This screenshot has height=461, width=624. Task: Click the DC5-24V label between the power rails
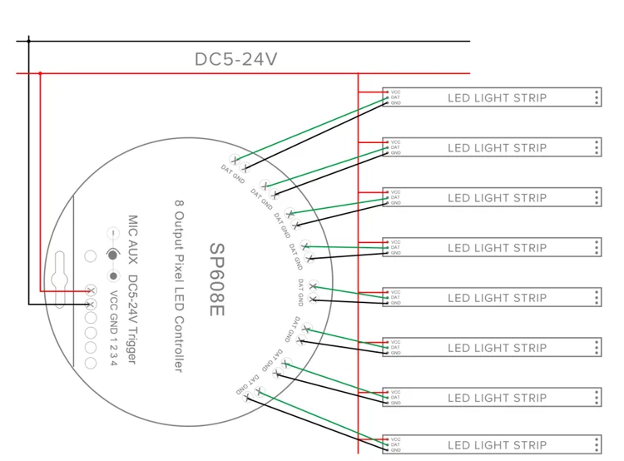(235, 59)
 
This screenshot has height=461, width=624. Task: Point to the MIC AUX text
(131, 242)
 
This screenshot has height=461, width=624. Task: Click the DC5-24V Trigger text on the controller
(132, 320)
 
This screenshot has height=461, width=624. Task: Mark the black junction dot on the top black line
(28, 40)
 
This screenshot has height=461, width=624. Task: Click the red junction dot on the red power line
(40, 73)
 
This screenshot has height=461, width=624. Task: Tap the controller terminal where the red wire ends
(91, 290)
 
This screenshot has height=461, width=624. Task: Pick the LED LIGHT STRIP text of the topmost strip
(497, 97)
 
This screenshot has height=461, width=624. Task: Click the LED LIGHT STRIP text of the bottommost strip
(497, 444)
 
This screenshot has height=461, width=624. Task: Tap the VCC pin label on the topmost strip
(396, 92)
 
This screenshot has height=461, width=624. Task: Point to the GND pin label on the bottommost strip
(396, 450)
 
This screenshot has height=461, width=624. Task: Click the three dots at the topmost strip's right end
(597, 97)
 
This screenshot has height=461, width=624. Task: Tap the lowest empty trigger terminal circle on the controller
(91, 363)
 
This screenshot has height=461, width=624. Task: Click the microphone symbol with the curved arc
(111, 255)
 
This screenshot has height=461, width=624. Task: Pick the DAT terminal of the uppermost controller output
(235, 160)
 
